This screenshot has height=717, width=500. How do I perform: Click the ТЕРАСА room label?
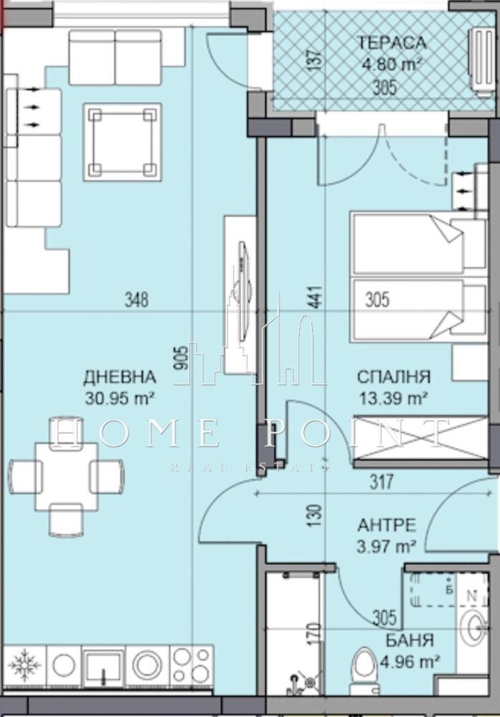[391, 42]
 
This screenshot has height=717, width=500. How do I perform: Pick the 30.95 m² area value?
[121, 398]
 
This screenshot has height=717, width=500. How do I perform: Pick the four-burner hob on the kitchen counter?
[192, 665]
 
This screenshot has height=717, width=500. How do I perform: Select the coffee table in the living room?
[122, 141]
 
